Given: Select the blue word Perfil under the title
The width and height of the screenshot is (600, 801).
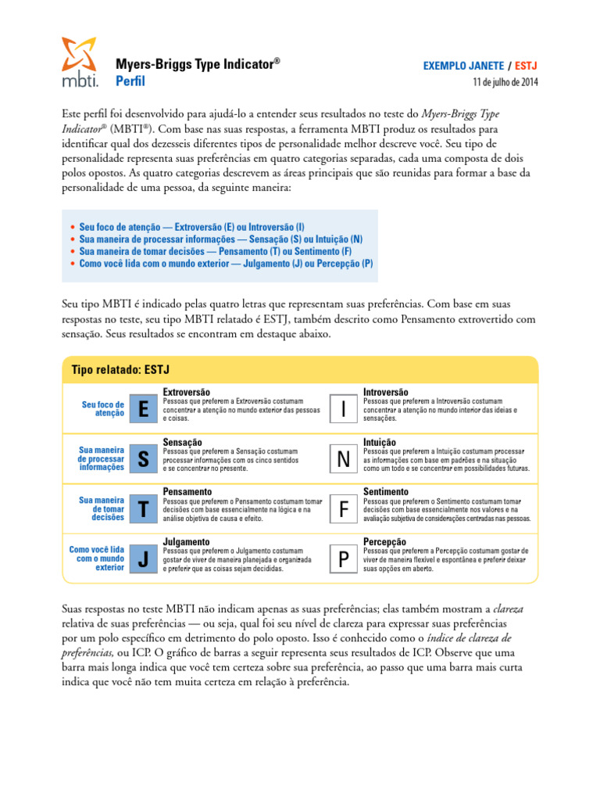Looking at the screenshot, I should click(130, 81).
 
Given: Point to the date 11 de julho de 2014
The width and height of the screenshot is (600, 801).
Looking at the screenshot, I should click(505, 82).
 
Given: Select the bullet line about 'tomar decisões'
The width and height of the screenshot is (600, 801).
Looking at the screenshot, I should click(216, 252).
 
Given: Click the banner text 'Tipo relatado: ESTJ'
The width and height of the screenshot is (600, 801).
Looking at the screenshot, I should click(120, 369).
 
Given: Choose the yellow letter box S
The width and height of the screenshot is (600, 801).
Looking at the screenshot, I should click(143, 460).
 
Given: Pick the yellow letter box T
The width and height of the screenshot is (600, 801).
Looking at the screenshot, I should click(143, 509).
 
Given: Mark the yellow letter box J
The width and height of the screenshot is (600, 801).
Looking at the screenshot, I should click(143, 559).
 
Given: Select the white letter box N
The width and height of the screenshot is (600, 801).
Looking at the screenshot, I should click(344, 460).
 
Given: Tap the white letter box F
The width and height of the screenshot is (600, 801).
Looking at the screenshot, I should click(344, 509).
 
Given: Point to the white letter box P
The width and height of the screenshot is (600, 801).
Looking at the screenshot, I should click(344, 559).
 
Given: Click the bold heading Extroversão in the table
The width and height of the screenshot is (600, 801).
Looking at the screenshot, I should click(186, 392).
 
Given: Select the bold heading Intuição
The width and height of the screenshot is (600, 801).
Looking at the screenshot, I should click(380, 442).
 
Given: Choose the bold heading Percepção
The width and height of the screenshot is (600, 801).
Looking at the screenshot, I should click(384, 541).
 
